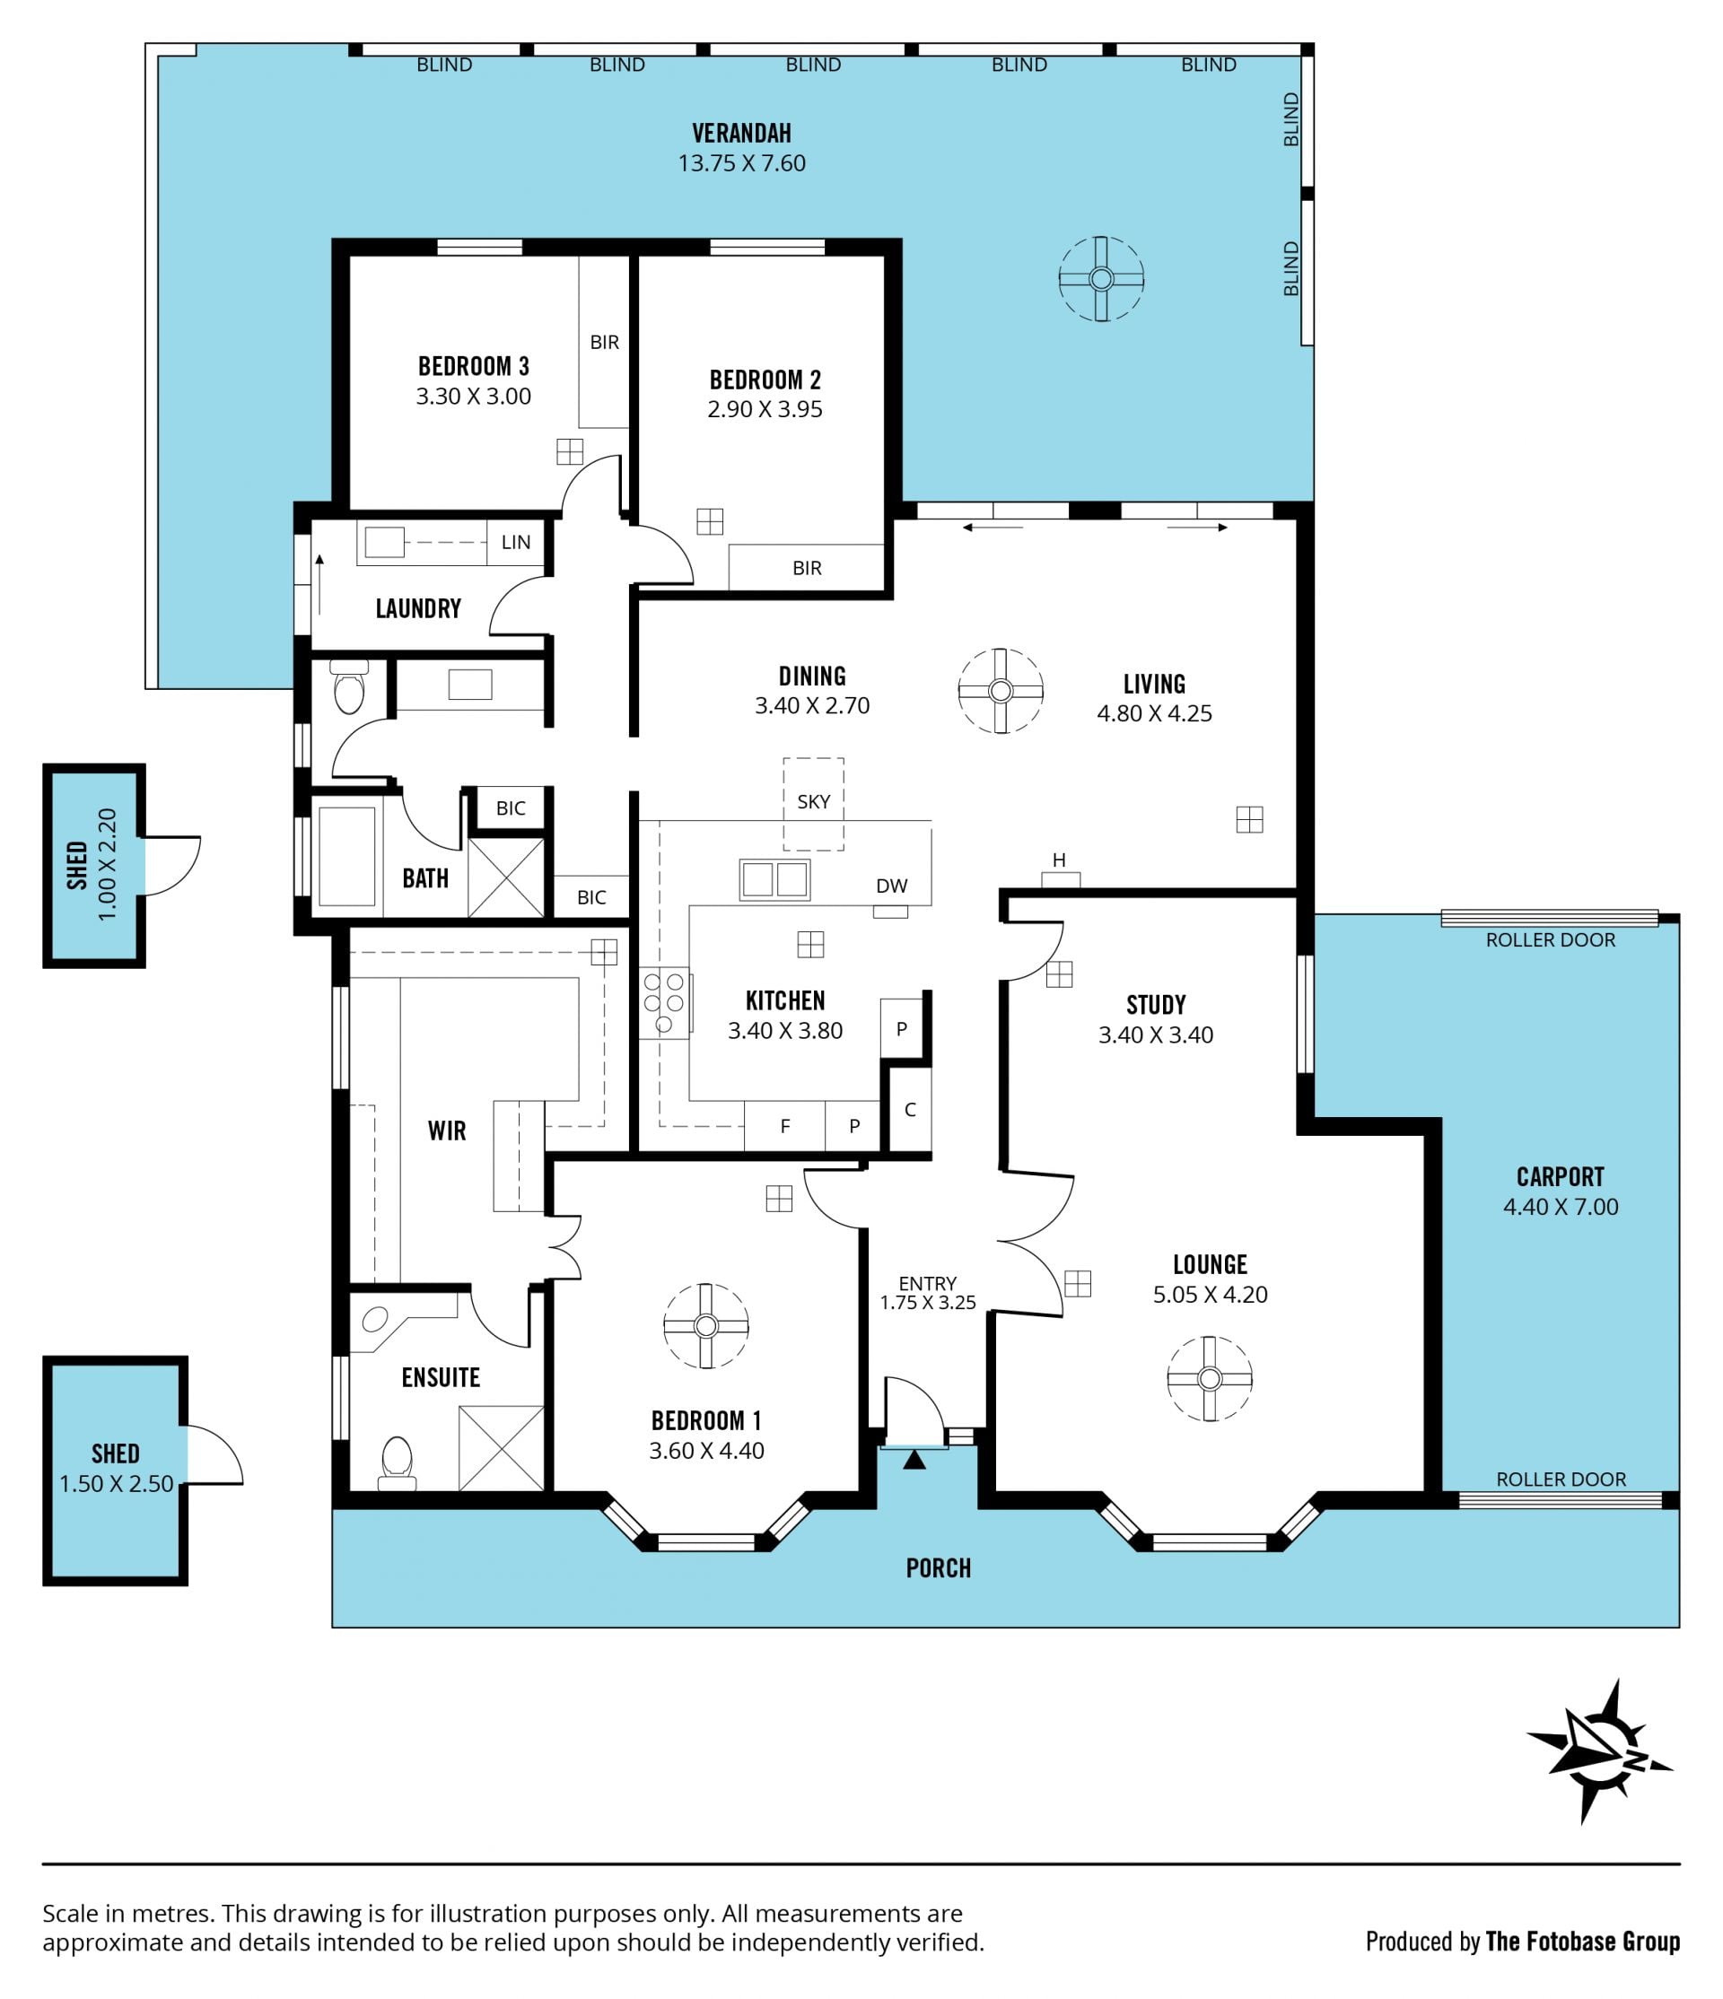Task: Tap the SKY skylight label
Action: coord(813,802)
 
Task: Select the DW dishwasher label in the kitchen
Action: coord(891,886)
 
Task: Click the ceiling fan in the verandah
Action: coord(1101,280)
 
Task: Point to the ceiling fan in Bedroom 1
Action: coord(706,1325)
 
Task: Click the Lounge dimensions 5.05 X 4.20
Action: coord(1210,1295)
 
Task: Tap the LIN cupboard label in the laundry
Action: coord(516,542)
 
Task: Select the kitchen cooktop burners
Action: coord(664,1002)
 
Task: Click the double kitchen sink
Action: coord(774,880)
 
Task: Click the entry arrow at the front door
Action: coord(914,1460)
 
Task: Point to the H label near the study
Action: coord(1059,860)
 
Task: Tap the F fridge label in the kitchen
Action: coord(785,1126)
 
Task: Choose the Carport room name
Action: coord(1560,1177)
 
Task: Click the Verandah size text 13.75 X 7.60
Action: coord(742,163)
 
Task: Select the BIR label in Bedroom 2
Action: coord(808,568)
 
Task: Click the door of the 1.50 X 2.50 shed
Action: coord(215,1453)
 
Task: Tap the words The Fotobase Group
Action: coord(1583,1941)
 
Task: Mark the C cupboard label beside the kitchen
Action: coord(910,1110)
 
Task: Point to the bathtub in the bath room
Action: coord(346,857)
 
